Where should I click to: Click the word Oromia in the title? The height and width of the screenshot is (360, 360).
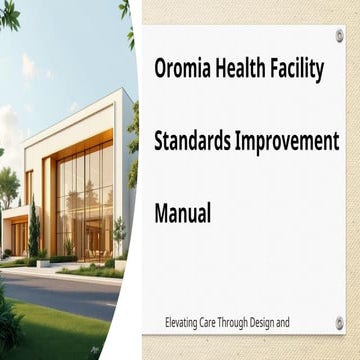point(184,69)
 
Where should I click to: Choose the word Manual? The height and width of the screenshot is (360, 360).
point(183,212)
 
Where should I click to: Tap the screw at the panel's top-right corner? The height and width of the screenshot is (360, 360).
point(339,37)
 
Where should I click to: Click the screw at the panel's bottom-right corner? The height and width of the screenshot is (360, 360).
point(339,322)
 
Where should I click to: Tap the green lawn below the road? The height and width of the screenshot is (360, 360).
point(60,330)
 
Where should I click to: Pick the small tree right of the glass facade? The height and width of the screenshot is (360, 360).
point(119,235)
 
